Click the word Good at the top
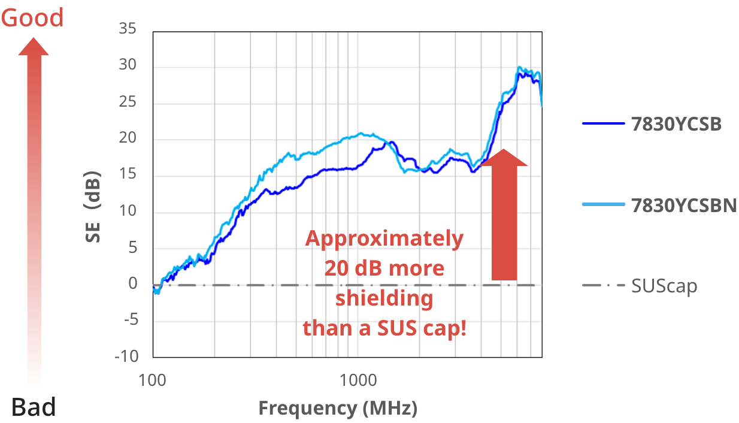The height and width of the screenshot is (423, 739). tap(32, 18)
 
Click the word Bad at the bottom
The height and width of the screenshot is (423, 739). tap(34, 407)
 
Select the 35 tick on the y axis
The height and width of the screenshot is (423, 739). tap(128, 29)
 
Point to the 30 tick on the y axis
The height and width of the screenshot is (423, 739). tap(128, 65)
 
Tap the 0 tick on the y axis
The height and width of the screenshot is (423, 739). tap(133, 284)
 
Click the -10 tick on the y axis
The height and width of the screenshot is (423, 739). tap(126, 356)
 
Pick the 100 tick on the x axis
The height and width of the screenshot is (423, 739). tap(153, 380)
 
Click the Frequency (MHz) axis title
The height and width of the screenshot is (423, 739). tap(338, 409)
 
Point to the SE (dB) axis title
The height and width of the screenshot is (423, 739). tap(93, 207)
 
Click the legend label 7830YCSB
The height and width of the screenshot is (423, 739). tap(676, 124)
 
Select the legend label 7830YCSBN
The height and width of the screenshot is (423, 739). tap(684, 205)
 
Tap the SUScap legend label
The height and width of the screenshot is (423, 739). tap(664, 286)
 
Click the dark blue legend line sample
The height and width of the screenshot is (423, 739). tap(604, 124)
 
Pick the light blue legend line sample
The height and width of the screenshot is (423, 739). tap(604, 205)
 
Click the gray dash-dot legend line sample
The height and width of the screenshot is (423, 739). tap(604, 285)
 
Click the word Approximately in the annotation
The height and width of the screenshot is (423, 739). tap(384, 238)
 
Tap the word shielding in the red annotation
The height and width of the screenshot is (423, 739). tap(384, 298)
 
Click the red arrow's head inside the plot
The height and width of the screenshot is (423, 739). tap(504, 159)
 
